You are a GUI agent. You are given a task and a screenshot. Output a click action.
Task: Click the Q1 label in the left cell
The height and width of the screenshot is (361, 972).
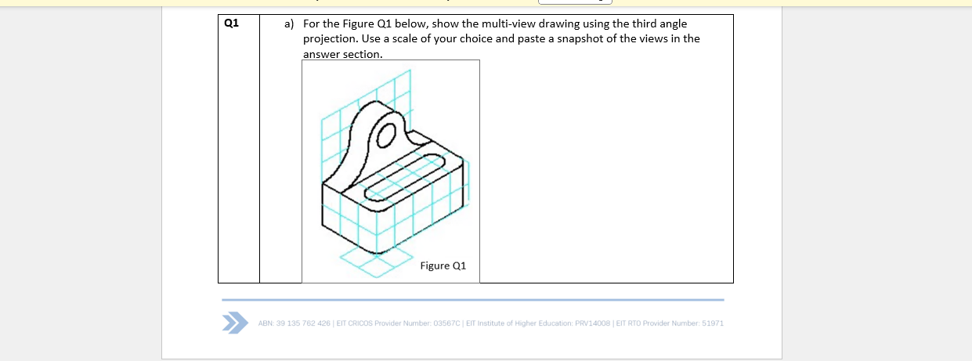230,23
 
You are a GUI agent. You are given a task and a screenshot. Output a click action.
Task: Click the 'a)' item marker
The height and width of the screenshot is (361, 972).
289,23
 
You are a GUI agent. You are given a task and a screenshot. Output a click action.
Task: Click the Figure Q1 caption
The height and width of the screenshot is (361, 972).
443,265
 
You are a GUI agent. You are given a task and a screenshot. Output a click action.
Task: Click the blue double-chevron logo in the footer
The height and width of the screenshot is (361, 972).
232,323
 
